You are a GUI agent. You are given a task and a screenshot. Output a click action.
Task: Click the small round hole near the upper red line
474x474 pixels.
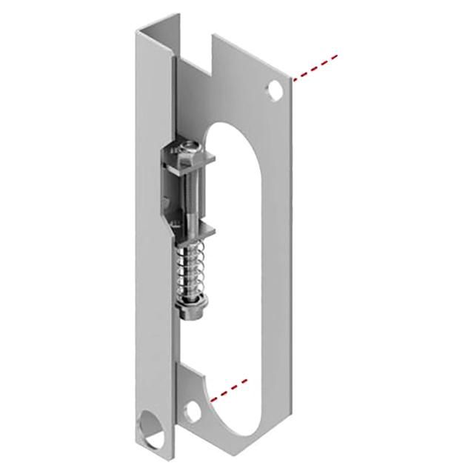(x=275, y=92)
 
